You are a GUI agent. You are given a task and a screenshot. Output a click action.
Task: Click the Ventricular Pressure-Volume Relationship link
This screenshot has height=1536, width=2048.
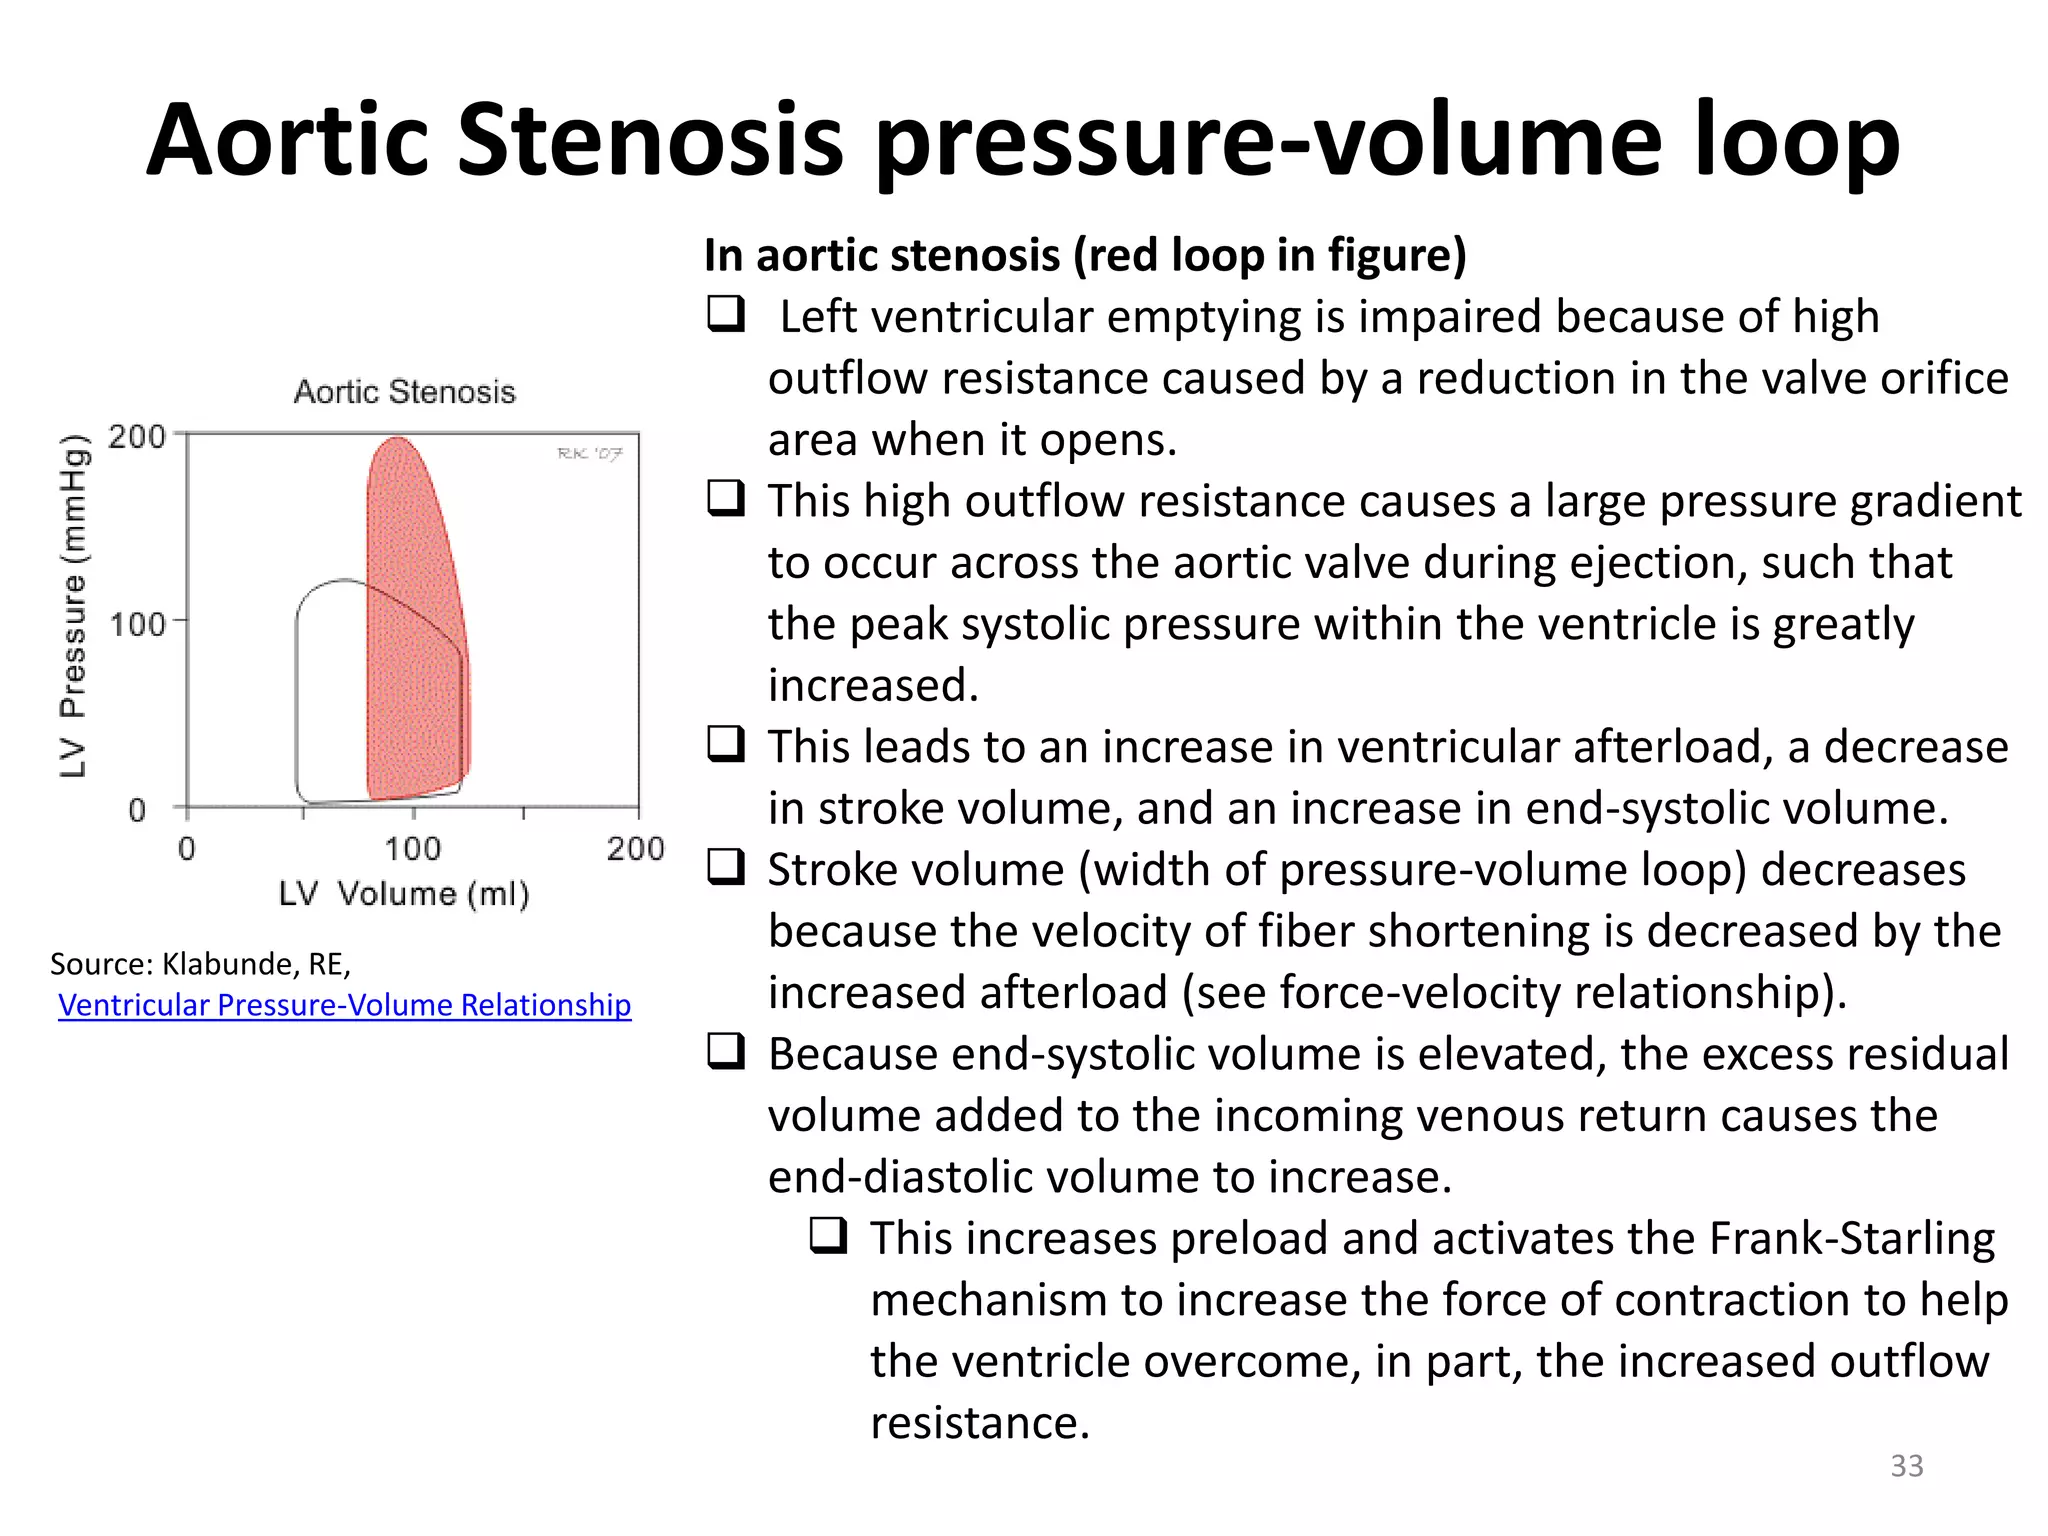(344, 1005)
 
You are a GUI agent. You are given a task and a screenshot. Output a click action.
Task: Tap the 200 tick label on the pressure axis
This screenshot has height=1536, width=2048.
(137, 437)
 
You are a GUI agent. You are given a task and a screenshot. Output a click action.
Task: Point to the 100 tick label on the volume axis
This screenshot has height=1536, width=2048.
(412, 849)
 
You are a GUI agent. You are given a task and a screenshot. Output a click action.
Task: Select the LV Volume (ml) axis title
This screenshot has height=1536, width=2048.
(404, 893)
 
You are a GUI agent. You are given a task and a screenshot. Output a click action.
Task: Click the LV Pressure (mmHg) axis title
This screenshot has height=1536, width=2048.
(73, 606)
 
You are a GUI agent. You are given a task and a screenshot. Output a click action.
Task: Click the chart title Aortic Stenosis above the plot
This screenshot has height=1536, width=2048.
(404, 391)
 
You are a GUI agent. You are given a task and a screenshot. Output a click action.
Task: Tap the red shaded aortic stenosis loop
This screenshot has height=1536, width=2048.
(412, 640)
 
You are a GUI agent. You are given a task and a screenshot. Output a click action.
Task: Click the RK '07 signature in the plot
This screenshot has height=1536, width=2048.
(590, 454)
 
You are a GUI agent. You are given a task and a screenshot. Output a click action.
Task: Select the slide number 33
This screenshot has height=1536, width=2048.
(1906, 1465)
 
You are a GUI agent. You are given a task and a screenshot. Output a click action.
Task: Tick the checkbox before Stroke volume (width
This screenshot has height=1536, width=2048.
(726, 867)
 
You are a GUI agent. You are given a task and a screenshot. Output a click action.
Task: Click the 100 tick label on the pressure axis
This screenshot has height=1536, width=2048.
(137, 625)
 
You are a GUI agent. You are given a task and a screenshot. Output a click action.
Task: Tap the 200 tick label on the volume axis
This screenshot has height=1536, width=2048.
(635, 849)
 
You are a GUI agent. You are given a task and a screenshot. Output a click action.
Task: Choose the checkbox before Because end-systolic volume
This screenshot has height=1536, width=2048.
(726, 1052)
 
